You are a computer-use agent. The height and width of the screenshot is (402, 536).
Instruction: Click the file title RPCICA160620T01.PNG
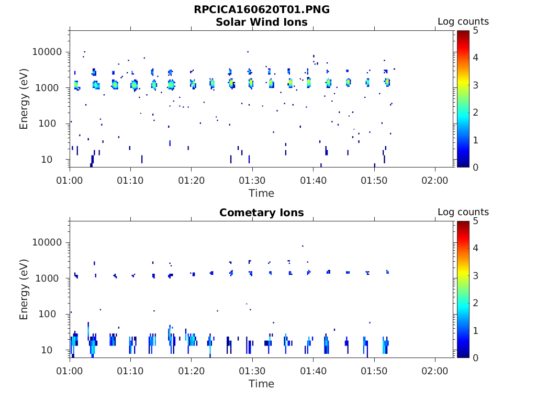click(x=261, y=9)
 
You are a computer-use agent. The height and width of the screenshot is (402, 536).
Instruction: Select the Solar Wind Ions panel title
click(x=261, y=22)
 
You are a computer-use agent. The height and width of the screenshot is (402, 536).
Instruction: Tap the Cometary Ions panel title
click(x=261, y=213)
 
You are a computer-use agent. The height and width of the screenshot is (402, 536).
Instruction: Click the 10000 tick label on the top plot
click(x=48, y=52)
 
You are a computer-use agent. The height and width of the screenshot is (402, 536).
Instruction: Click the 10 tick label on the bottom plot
click(x=57, y=350)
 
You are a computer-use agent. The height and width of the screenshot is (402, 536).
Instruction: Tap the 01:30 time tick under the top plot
click(x=252, y=180)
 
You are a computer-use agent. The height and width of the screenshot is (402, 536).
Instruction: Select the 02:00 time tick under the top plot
click(x=435, y=180)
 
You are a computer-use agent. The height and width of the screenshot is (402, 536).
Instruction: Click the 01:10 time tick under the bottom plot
click(x=130, y=371)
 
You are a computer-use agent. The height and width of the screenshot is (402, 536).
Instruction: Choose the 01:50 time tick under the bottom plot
click(x=374, y=371)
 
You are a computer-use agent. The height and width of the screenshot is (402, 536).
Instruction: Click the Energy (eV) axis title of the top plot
click(x=24, y=99)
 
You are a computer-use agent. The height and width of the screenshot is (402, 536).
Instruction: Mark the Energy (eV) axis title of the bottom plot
click(x=24, y=290)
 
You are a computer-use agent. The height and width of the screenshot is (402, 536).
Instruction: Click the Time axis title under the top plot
click(x=261, y=193)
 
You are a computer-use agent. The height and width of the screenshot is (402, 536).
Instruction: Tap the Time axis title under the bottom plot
click(x=261, y=384)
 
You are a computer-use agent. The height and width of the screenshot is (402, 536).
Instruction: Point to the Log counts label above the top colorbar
click(x=463, y=21)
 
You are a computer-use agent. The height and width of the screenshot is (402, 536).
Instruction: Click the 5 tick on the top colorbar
click(x=475, y=30)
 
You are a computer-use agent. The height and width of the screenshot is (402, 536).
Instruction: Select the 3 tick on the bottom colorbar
click(x=475, y=275)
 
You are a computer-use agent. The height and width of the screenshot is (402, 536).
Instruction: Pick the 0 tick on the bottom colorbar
click(x=475, y=358)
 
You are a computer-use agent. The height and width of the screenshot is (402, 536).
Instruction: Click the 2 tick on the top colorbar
click(x=475, y=113)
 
